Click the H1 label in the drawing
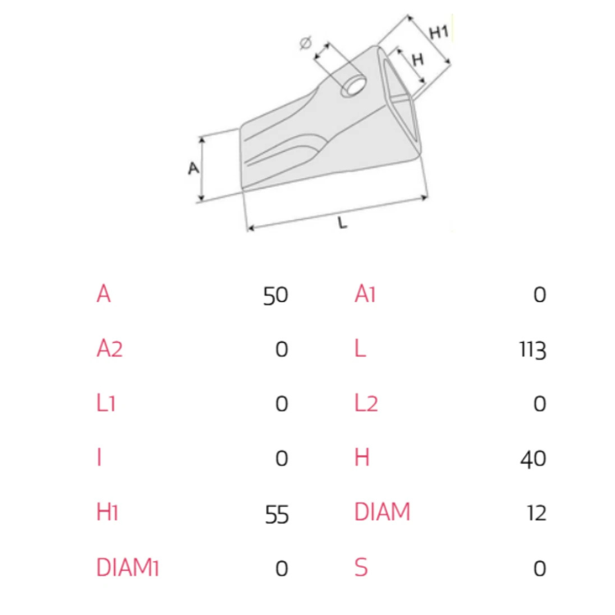click(438, 33)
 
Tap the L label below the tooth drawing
click(342, 224)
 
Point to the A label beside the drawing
click(194, 168)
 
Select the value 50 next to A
click(276, 296)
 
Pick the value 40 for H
click(533, 459)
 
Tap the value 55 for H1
click(277, 514)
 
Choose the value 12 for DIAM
click(536, 513)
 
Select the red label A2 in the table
click(109, 348)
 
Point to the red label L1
click(106, 403)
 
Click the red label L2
click(366, 403)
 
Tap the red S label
click(361, 568)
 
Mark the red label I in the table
click(100, 458)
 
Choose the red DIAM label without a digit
click(382, 512)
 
